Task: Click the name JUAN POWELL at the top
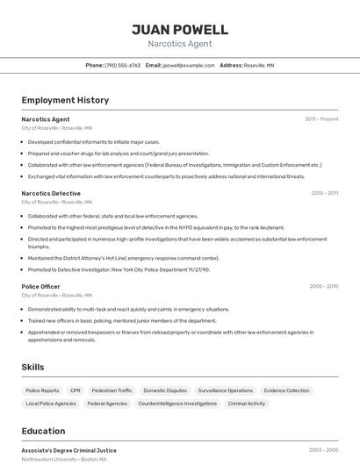tap(179, 30)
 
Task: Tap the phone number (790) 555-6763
tap(123, 65)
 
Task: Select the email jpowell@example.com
tap(187, 65)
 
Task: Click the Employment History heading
tap(65, 100)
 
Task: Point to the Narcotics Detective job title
tap(51, 193)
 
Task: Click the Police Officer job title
tap(41, 286)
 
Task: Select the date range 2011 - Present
tap(321, 119)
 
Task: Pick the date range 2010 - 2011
tap(324, 193)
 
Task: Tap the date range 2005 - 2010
tap(324, 286)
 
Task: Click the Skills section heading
tap(33, 367)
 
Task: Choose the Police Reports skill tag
tap(42, 390)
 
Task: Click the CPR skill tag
tap(76, 390)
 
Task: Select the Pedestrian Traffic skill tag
tap(112, 390)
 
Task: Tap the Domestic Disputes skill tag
tap(165, 390)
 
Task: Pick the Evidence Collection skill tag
tap(286, 390)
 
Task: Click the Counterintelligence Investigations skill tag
tap(177, 404)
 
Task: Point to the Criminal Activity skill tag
tap(246, 404)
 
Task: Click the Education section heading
tap(43, 431)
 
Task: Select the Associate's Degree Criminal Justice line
tap(68, 450)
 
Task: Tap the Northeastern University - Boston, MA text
tap(64, 459)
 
